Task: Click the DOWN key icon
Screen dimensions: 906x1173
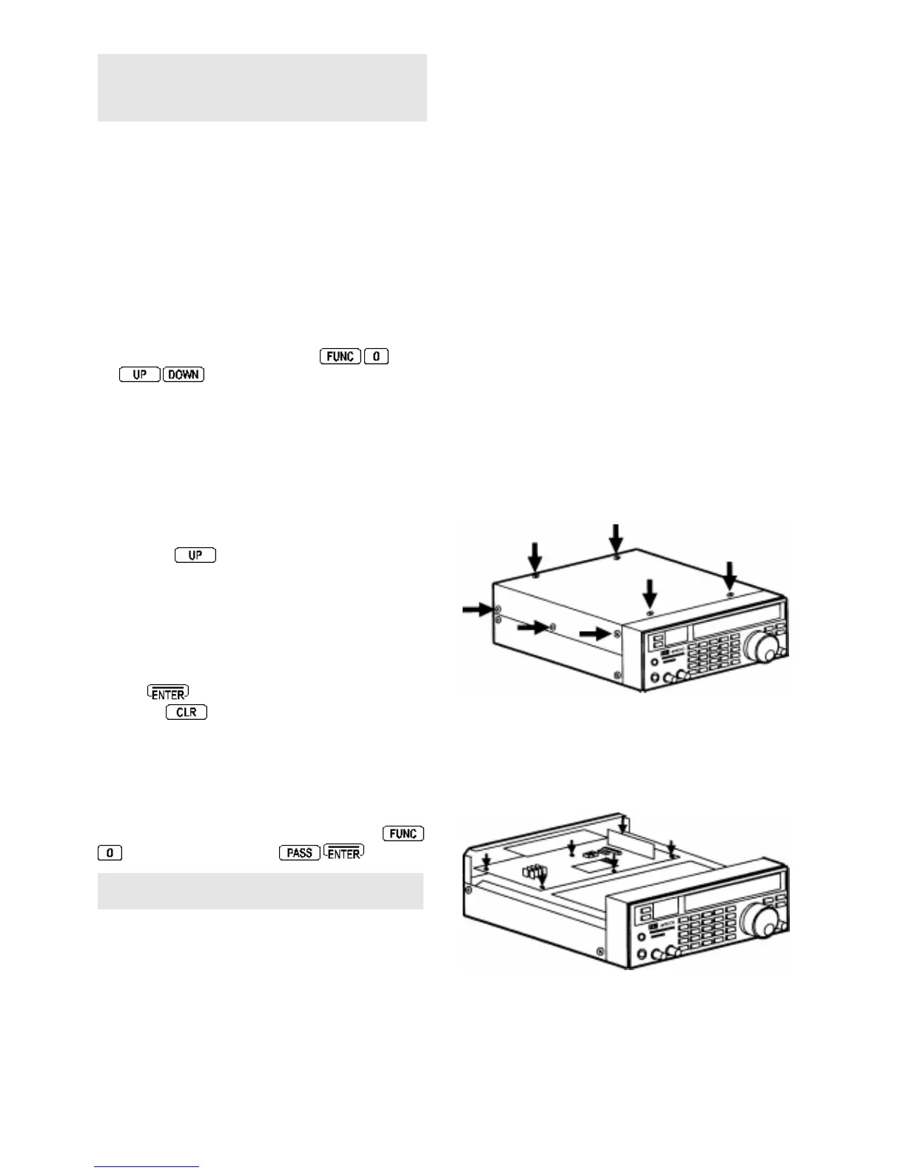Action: point(184,375)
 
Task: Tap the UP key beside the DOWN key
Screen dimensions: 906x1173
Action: point(139,375)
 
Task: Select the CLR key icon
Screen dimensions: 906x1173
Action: point(187,712)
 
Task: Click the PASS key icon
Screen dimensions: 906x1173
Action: point(299,853)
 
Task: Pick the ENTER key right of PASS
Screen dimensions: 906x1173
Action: point(344,853)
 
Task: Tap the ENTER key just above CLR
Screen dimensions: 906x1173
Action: point(168,694)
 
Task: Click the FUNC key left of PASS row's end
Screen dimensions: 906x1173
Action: point(403,834)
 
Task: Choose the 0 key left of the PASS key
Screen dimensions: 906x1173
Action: point(110,853)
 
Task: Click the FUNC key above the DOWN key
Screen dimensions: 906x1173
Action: point(340,356)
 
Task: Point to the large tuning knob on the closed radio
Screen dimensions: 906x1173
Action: point(762,648)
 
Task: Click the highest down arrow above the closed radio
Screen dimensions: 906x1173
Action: point(615,538)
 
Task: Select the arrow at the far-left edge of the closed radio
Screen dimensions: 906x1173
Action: point(477,609)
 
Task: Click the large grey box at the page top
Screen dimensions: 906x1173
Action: point(262,87)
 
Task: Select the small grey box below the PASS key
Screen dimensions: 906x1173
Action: point(261,891)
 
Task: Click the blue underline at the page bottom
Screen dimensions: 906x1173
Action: point(147,1166)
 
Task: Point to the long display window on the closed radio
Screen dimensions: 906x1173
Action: point(736,615)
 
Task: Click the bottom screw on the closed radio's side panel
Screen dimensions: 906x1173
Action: point(617,675)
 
